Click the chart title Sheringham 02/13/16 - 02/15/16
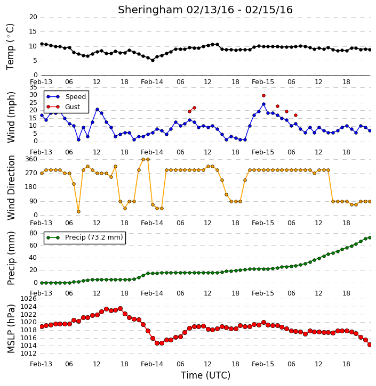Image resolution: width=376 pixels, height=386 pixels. pyautogui.click(x=205, y=10)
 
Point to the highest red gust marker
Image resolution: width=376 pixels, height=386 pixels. pyautogui.click(x=263, y=95)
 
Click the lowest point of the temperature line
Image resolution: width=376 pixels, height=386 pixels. pyautogui.click(x=153, y=60)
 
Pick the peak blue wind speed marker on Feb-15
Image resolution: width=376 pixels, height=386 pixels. pyautogui.click(x=263, y=104)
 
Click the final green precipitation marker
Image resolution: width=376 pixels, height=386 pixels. pyautogui.click(x=370, y=237)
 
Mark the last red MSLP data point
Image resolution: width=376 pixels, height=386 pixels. pyautogui.click(x=370, y=345)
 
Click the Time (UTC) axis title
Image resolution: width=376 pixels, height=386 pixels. pyautogui.click(x=205, y=375)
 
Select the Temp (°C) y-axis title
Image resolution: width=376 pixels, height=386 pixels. pyautogui.click(x=10, y=47)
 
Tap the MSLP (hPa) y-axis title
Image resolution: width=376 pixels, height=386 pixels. pyautogui.click(x=11, y=328)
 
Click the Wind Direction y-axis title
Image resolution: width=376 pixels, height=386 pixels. pyautogui.click(x=11, y=187)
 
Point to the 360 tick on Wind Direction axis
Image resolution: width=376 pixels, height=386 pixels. pyautogui.click(x=31, y=159)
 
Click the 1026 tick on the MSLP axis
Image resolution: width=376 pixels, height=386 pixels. pyautogui.click(x=28, y=299)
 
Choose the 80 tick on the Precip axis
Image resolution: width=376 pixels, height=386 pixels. pyautogui.click(x=33, y=233)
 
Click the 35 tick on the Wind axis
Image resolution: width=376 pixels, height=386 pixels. pyautogui.click(x=33, y=87)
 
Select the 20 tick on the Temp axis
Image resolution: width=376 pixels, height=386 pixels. pyautogui.click(x=33, y=17)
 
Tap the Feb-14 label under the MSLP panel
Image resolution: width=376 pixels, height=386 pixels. pyautogui.click(x=152, y=364)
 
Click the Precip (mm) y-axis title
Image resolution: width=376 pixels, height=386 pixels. pyautogui.click(x=11, y=258)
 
